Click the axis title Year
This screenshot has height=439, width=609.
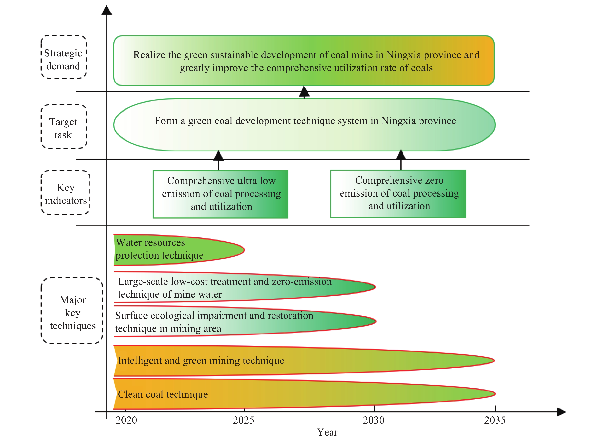327,432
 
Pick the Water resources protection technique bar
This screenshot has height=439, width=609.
179,250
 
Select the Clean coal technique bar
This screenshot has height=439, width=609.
304,394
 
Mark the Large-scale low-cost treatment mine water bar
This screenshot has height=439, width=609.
245,287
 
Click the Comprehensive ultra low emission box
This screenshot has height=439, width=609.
220,194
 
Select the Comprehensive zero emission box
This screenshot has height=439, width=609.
398,193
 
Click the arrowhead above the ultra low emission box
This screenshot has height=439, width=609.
219,156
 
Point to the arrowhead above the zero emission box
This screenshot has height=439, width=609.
401,155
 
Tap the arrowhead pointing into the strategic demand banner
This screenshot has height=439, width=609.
304,92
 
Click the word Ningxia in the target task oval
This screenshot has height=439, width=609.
398,121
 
